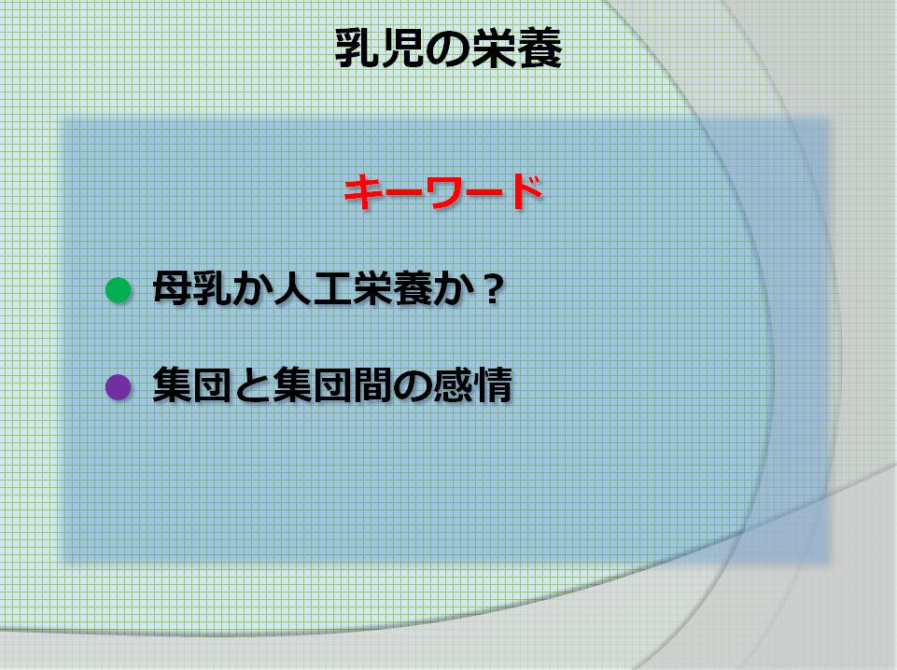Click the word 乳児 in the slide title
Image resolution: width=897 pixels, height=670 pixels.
pos(379,49)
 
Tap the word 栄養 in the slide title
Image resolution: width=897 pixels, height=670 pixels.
pos(515,49)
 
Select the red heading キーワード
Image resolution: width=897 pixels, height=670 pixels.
pos(442,193)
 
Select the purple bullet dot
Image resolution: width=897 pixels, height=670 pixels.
pos(119,386)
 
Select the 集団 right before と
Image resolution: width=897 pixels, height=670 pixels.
pos(191,386)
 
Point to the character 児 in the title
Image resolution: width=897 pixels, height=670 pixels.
pos(401,49)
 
